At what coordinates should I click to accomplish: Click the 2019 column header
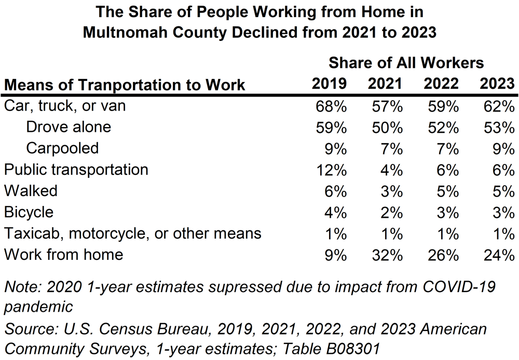[329, 84]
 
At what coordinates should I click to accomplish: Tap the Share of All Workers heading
[406, 63]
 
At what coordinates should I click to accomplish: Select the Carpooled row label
[62, 148]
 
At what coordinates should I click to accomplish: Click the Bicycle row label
[29, 212]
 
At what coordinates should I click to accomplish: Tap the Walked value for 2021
[391, 190]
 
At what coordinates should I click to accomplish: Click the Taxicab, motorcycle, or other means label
[132, 233]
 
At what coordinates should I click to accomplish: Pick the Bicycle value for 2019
[335, 212]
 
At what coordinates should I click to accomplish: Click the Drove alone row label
[69, 127]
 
